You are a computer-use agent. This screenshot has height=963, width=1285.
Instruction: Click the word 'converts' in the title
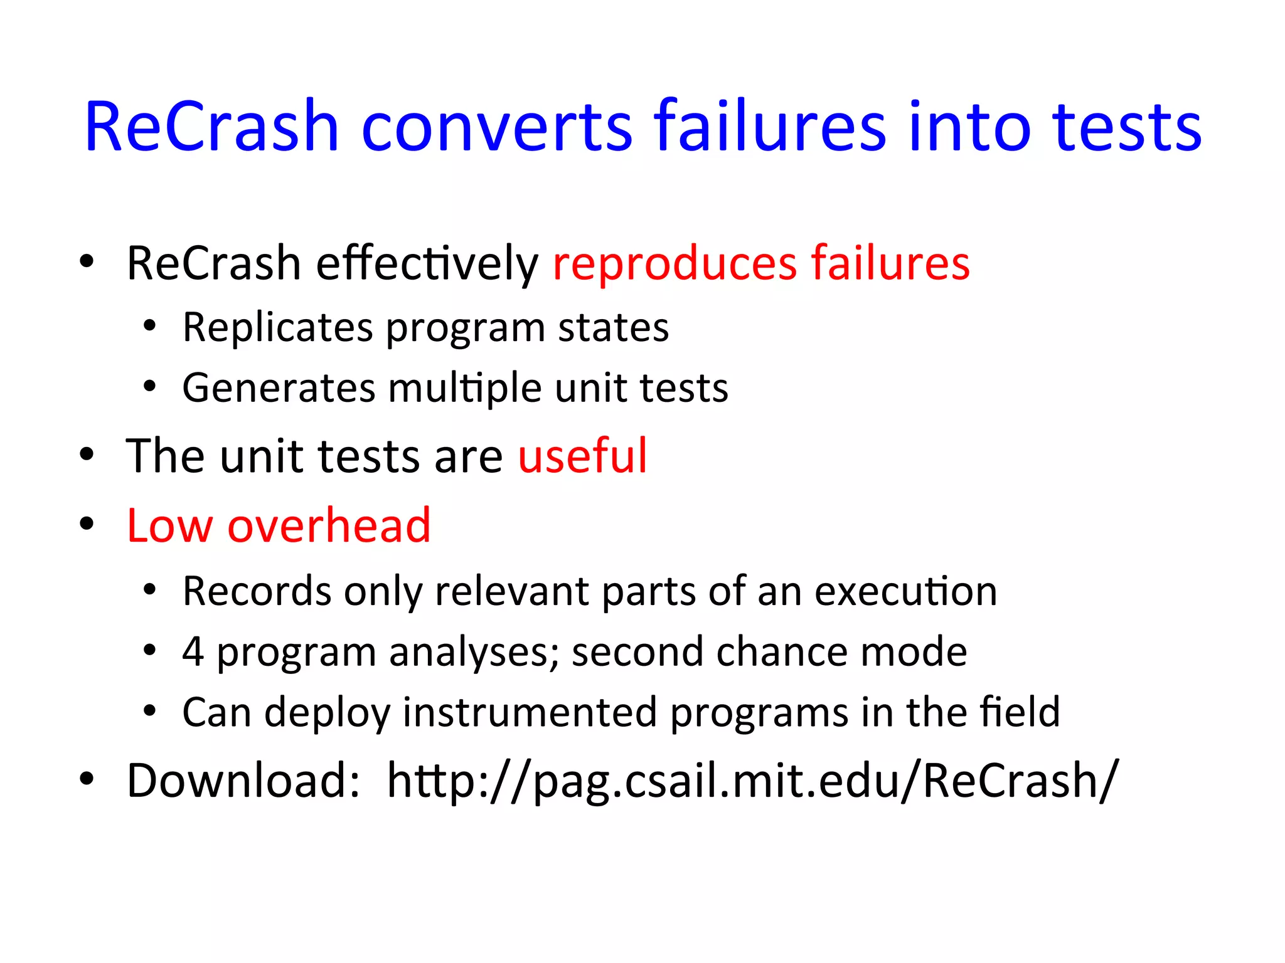click(x=497, y=127)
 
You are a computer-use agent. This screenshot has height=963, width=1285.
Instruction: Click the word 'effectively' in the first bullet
click(x=427, y=263)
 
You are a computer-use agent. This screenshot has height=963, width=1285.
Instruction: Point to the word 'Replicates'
click(x=278, y=328)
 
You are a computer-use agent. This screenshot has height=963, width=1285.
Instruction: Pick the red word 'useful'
click(x=582, y=456)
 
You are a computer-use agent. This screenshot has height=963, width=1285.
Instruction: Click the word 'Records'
click(x=257, y=591)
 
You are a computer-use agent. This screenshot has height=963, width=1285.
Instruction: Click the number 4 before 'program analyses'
click(x=193, y=652)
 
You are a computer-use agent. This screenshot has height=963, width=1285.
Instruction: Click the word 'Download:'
click(x=243, y=781)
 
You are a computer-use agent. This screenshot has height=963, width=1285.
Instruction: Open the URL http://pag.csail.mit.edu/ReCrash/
click(x=752, y=781)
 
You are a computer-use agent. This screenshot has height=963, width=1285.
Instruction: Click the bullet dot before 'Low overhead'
click(x=87, y=524)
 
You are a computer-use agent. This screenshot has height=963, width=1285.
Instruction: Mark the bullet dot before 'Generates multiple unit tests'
click(x=149, y=386)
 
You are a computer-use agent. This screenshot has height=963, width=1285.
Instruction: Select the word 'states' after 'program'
click(x=613, y=328)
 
